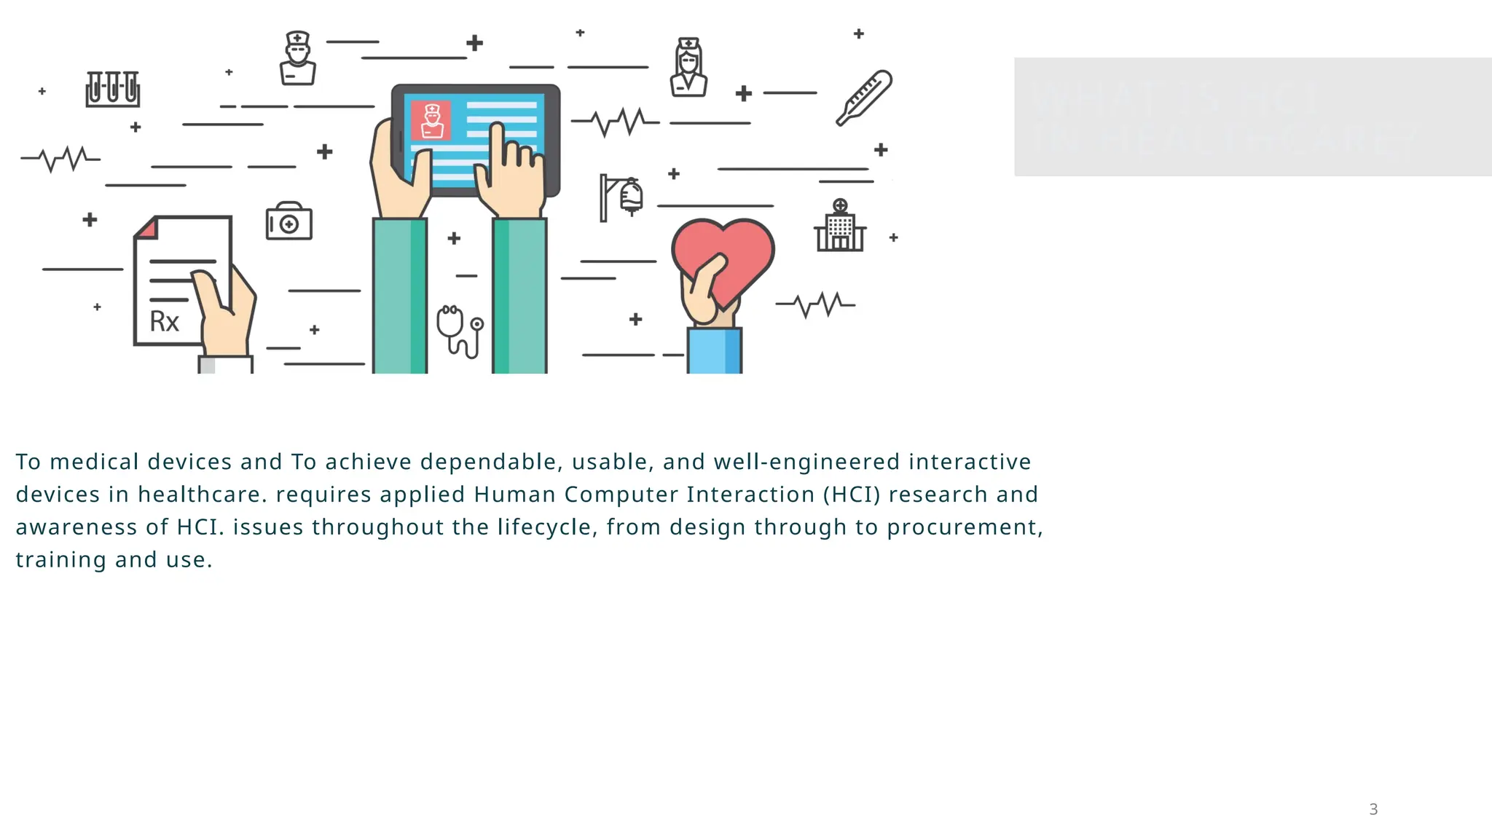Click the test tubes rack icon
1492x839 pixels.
pos(112,89)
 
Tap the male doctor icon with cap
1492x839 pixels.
pos(297,59)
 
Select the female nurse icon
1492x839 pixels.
pos(688,68)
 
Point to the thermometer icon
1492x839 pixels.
pos(864,98)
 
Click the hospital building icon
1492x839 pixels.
pos(840,227)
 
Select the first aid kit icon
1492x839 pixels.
pos(288,221)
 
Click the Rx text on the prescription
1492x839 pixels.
pos(164,321)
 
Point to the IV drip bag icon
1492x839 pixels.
pos(630,195)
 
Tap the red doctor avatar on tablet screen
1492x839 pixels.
pos(431,120)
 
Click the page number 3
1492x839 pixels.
pos(1373,809)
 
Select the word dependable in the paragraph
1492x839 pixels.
pos(488,462)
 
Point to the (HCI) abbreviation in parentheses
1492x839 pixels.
pos(852,495)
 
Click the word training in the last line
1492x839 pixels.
pos(61,560)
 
